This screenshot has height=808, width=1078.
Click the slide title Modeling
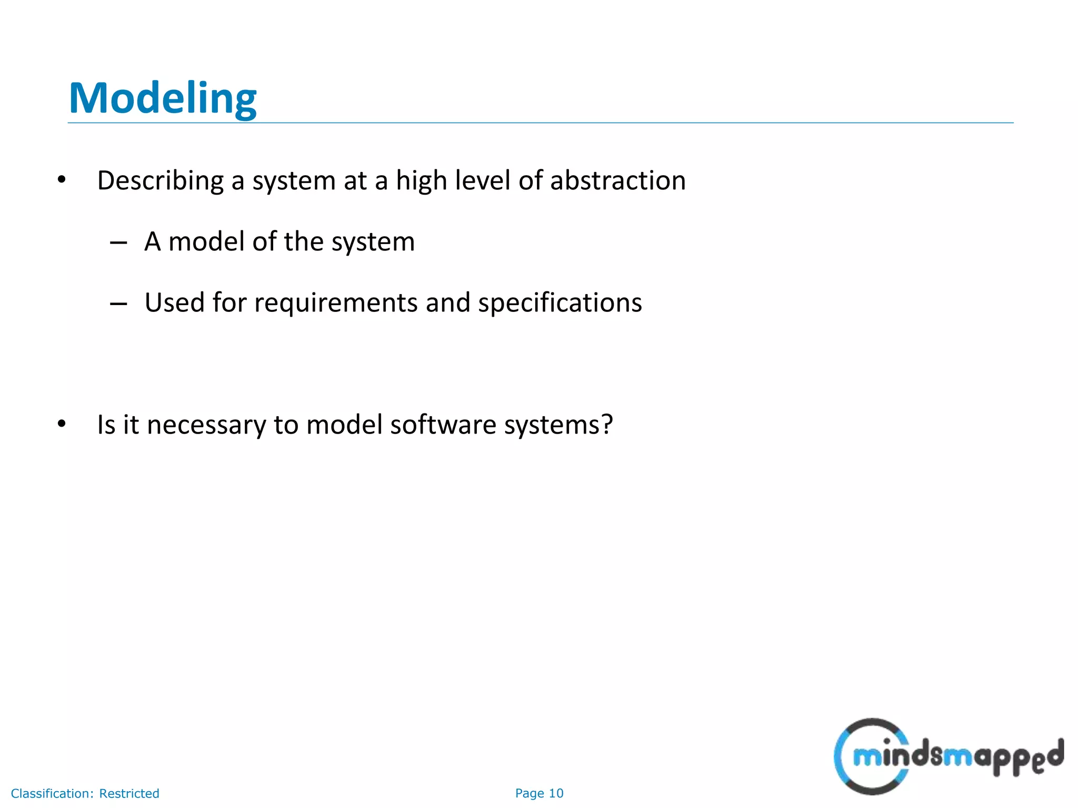tap(163, 98)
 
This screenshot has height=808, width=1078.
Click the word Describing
tap(161, 181)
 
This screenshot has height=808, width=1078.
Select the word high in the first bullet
tap(421, 181)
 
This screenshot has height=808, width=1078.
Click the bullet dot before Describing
tap(62, 180)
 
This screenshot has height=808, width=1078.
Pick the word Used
tap(174, 302)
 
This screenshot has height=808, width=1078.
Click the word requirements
tap(336, 304)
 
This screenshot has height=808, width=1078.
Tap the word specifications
tap(560, 304)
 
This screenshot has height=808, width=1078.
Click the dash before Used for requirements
tap(118, 304)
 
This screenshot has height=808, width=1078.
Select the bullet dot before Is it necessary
tap(62, 423)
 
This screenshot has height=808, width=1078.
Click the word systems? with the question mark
tap(558, 425)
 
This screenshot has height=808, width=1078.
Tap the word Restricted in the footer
tap(129, 793)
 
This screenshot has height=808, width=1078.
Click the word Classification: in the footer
tap(52, 793)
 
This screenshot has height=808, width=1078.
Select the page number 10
tap(556, 793)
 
